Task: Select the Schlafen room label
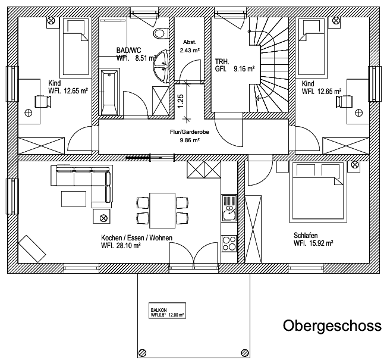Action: pyautogui.click(x=306, y=234)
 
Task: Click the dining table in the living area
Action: pyautogui.click(x=161, y=209)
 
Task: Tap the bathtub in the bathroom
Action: pyautogui.click(x=109, y=92)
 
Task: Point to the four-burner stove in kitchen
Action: pyautogui.click(x=228, y=243)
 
